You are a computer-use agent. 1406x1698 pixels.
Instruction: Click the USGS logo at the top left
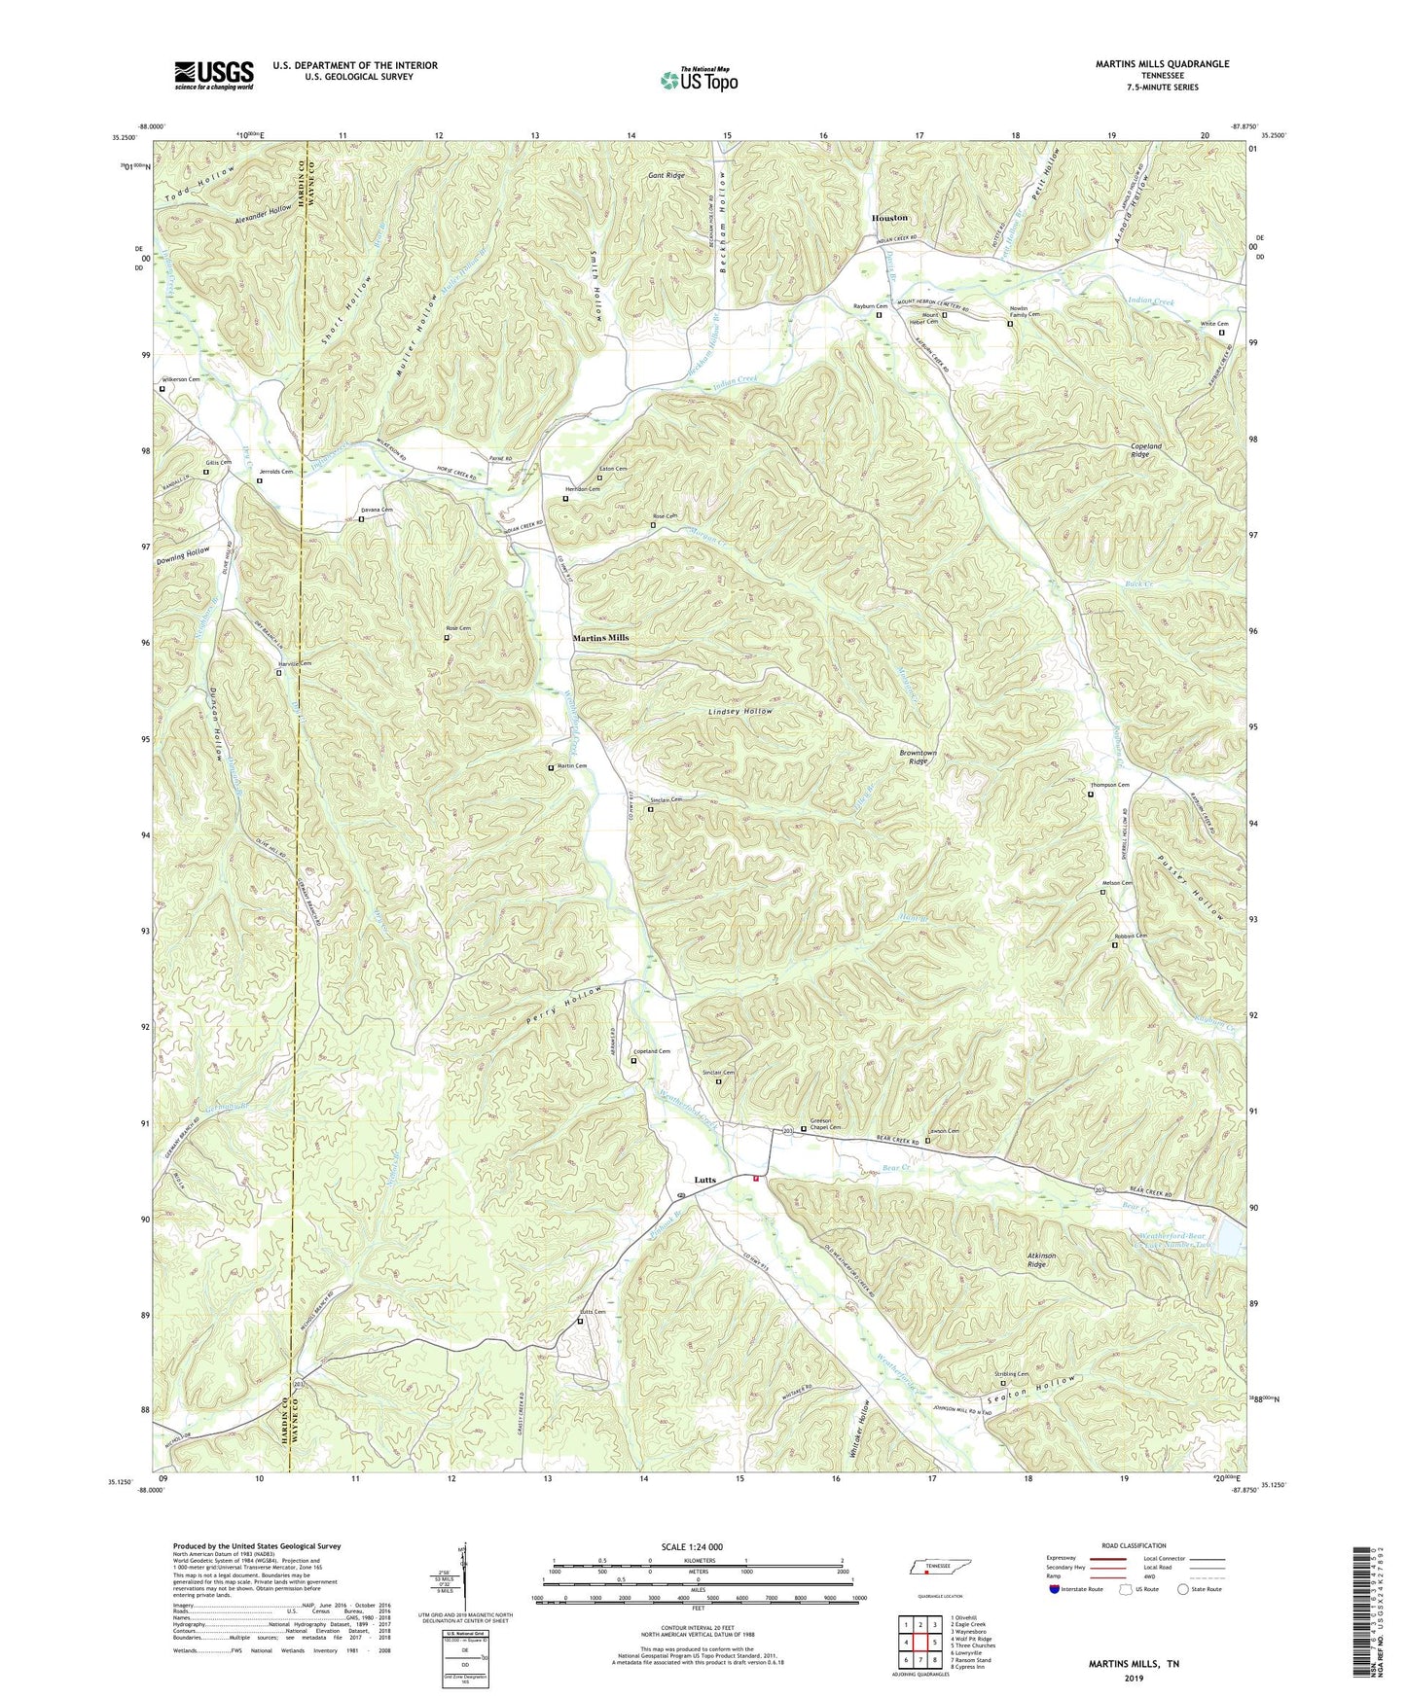pyautogui.click(x=214, y=75)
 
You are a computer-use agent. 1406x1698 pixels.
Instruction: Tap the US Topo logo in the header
pyautogui.click(x=698, y=79)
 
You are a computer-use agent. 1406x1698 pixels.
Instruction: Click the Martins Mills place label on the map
pyautogui.click(x=600, y=638)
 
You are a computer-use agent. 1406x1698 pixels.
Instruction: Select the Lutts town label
pyautogui.click(x=704, y=1180)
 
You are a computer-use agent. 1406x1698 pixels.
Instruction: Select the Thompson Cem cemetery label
pyautogui.click(x=1109, y=785)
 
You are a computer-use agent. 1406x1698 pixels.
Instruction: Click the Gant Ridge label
pyautogui.click(x=667, y=176)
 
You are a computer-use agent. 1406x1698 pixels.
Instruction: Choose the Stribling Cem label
pyautogui.click(x=1012, y=1374)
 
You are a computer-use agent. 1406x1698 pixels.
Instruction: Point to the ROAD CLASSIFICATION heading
pyautogui.click(x=1134, y=1545)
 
